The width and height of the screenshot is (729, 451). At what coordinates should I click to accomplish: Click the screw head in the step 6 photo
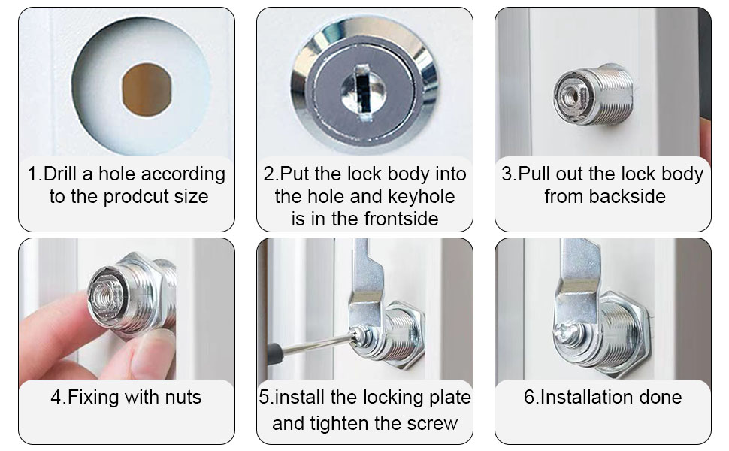coord(564,332)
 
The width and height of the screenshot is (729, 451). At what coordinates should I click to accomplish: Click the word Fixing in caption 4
coord(95,397)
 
